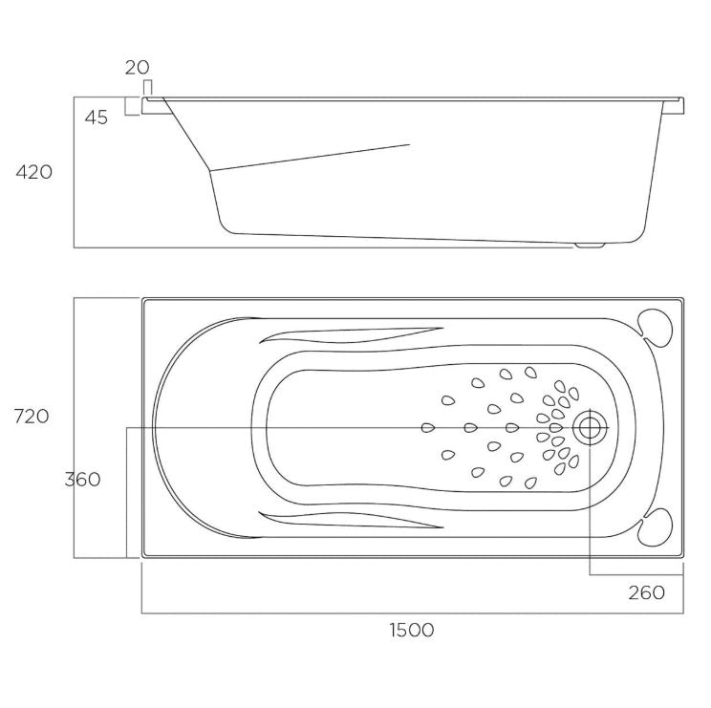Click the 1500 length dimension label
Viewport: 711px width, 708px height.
point(412,630)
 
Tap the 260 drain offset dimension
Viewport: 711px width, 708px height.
point(647,592)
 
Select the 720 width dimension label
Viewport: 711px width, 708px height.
point(32,416)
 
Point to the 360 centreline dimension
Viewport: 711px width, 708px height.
point(82,479)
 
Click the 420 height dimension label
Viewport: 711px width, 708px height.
point(34,172)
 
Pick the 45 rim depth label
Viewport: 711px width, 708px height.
point(97,118)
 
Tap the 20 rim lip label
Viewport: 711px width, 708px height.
point(137,68)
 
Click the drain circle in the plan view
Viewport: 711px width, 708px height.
point(590,427)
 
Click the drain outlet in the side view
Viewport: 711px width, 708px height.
point(590,246)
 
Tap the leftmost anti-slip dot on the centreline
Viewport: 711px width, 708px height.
point(428,427)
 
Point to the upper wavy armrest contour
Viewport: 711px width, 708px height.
point(351,335)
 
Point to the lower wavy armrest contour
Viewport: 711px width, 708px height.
point(351,520)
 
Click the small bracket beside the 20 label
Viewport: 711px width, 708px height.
point(148,88)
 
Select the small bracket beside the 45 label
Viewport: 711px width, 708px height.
point(133,106)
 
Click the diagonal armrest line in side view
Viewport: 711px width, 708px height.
point(311,158)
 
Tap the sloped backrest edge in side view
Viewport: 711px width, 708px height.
point(186,134)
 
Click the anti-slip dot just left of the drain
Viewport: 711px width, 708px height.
point(556,427)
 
